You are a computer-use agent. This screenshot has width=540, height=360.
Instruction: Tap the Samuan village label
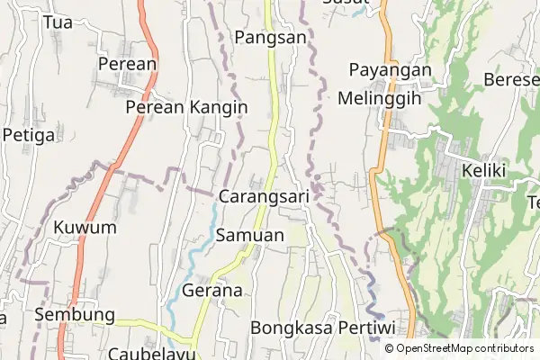pos(250,235)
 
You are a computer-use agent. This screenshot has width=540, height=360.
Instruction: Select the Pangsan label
pos(270,37)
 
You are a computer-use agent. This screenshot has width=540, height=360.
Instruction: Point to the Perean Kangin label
pos(186,107)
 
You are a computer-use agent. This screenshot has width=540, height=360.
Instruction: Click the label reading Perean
pos(127,64)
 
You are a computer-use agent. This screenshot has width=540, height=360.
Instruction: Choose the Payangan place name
pos(390,70)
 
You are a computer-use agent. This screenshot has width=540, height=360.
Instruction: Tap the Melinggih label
pos(379,99)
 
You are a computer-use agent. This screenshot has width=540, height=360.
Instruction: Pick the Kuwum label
pos(85,227)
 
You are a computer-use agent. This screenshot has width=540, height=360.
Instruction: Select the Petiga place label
pos(29,135)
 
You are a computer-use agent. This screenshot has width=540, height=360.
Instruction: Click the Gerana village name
pos(212,291)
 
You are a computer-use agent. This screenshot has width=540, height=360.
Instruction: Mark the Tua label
pos(58,22)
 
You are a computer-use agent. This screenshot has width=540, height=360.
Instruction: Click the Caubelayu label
pos(151,353)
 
